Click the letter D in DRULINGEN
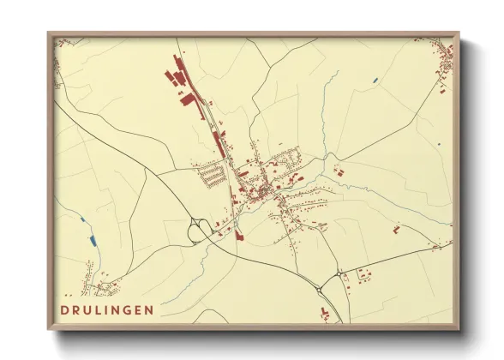[65, 309]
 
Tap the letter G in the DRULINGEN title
[125, 309]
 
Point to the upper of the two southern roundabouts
[340, 273]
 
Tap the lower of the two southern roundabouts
[321, 291]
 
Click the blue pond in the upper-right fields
[375, 81]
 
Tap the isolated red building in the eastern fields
[396, 229]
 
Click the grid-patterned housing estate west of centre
[213, 176]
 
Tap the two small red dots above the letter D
[68, 293]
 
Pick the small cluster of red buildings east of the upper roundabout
[363, 275]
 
